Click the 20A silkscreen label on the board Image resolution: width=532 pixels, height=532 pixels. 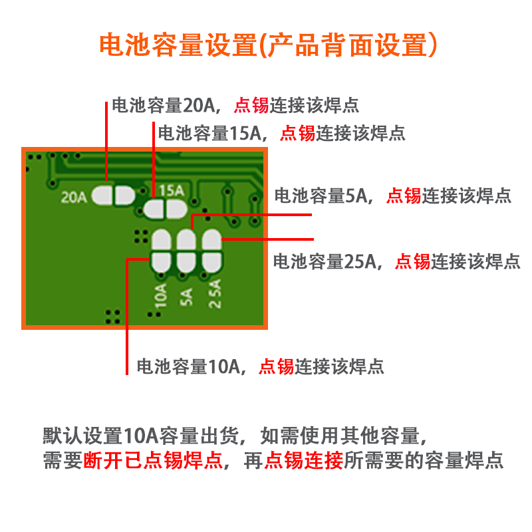click(x=73, y=197)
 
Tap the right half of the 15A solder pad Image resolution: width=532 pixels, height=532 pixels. click(x=176, y=210)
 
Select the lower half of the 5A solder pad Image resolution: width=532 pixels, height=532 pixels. click(x=186, y=262)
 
